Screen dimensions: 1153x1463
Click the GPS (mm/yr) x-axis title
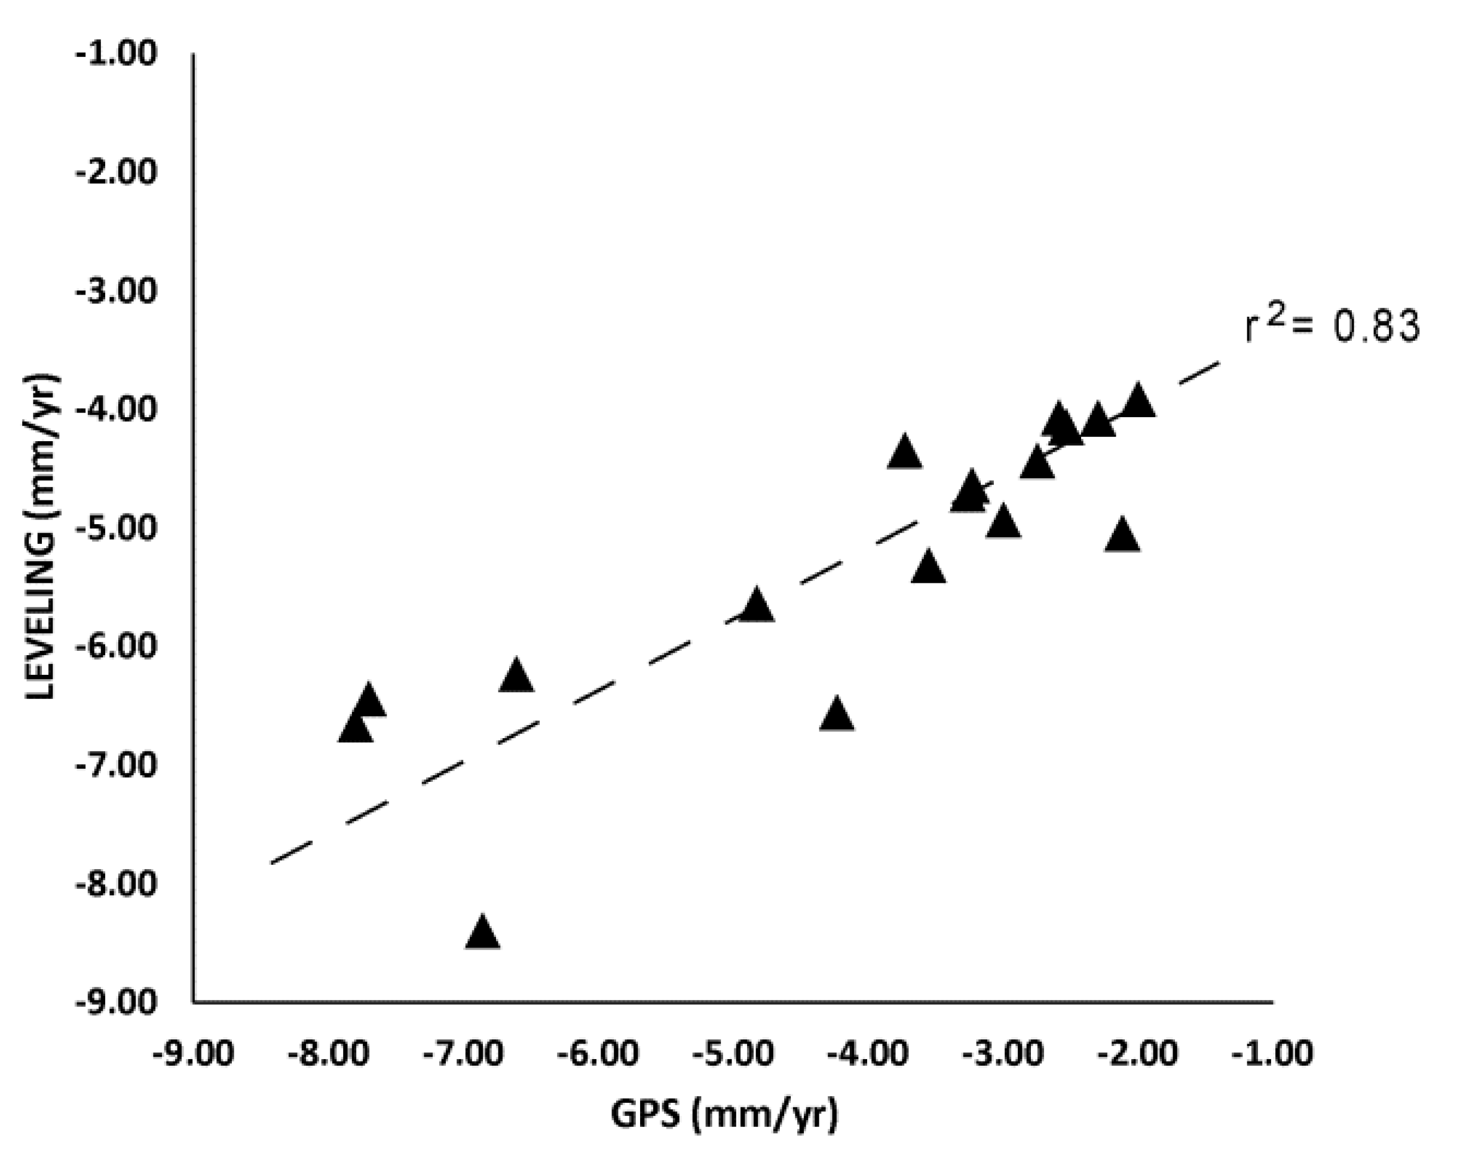724,1115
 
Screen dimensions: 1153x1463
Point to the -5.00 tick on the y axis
115,528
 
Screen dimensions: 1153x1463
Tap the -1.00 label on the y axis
115,53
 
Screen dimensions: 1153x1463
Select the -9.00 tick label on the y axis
115,1002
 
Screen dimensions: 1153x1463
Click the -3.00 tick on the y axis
115,291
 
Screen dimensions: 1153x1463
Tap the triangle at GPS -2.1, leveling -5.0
1122,536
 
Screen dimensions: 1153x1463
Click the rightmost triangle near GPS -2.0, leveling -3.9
1138,402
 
